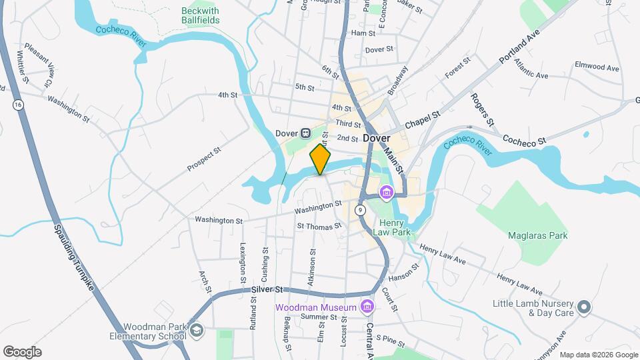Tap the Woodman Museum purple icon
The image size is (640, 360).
point(365,307)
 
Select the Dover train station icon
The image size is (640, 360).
point(305,133)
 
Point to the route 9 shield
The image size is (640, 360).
point(360,210)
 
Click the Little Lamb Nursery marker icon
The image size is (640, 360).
point(584,307)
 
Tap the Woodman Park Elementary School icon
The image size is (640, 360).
point(197,331)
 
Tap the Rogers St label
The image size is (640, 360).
point(481,109)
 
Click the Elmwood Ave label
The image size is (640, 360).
point(597,67)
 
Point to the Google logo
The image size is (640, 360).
point(22,352)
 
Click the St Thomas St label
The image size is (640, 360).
point(319,226)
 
